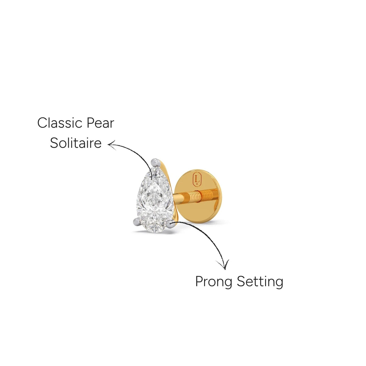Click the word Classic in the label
(x=60, y=123)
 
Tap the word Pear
(x=100, y=123)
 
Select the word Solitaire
(x=76, y=143)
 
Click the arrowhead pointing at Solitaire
(x=112, y=145)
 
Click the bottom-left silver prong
(x=137, y=221)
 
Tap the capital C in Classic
(x=42, y=123)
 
